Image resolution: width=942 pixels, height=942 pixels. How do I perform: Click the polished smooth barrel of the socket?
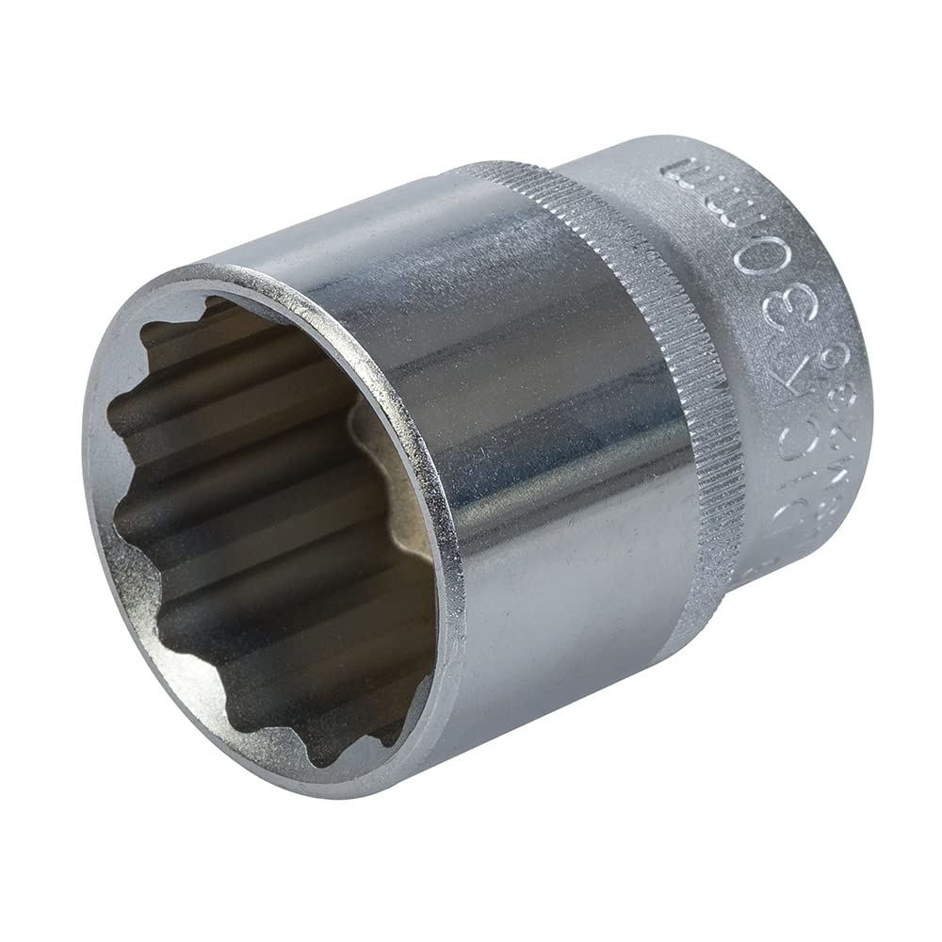[528, 424]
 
